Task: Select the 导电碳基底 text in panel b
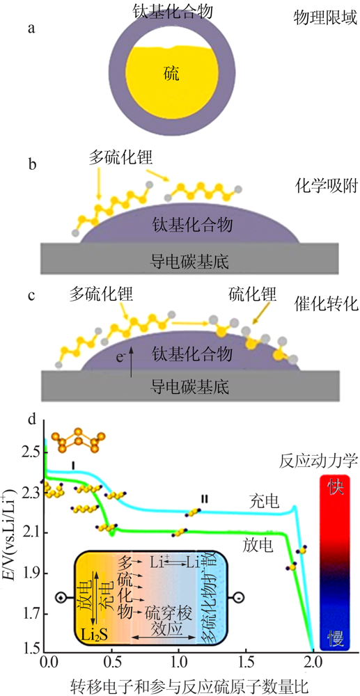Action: click(190, 258)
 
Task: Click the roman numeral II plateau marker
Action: click(204, 499)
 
